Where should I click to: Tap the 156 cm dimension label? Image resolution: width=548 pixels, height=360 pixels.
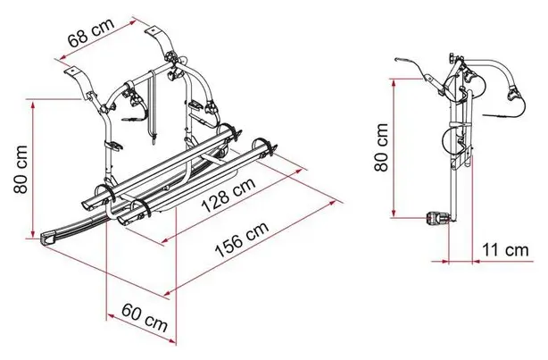242,239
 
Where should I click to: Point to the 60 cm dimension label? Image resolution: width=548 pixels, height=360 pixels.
145,318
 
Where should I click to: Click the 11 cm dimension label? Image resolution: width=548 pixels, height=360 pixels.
505,250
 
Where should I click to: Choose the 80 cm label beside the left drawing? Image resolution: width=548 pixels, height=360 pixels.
21,169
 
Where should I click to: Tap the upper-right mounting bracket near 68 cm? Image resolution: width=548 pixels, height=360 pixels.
162,40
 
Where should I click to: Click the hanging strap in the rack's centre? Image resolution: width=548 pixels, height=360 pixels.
152,105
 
